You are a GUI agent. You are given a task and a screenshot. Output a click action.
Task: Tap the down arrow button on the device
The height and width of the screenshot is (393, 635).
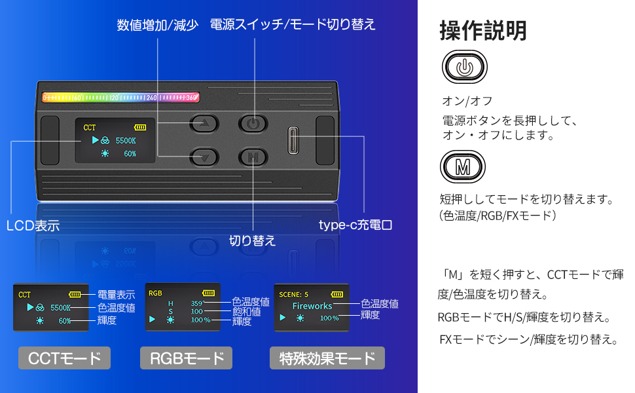click(205, 157)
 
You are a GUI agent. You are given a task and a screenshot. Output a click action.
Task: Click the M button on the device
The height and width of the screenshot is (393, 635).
click(253, 157)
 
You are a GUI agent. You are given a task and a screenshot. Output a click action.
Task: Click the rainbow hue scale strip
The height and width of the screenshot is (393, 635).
click(121, 98)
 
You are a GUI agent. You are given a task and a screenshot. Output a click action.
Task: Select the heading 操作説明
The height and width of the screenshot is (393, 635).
click(482, 30)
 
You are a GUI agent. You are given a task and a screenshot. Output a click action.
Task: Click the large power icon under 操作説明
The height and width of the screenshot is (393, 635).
click(464, 67)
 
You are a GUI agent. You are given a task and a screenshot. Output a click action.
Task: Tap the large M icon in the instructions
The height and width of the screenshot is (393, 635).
click(463, 167)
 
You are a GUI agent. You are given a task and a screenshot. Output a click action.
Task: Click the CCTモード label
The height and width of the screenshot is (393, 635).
click(64, 358)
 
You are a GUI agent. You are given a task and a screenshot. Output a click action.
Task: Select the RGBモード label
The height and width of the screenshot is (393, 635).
click(187, 358)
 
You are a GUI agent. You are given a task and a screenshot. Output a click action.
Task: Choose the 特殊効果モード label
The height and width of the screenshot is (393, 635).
click(327, 358)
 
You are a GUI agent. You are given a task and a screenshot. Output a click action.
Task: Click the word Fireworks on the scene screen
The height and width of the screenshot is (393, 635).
click(312, 306)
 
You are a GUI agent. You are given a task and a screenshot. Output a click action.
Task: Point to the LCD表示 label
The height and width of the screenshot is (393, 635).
click(33, 227)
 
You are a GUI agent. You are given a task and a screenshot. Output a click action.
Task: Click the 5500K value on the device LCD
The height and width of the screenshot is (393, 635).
click(125, 141)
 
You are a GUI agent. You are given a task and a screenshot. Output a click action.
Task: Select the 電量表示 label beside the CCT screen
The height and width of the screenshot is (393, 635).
click(117, 295)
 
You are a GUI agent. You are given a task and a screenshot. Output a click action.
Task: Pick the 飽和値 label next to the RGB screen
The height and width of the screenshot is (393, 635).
click(246, 312)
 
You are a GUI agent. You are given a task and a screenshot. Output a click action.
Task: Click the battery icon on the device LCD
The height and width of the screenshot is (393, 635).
click(140, 127)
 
